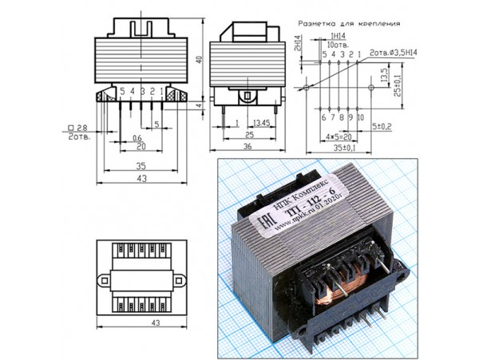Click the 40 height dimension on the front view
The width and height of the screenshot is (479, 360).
(x=200, y=59)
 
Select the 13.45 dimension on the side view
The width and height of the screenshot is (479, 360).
(x=259, y=123)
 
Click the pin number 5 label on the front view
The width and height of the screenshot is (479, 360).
(x=122, y=93)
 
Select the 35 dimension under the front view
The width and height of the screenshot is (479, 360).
(x=141, y=166)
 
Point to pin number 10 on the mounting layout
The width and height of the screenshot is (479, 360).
(x=360, y=117)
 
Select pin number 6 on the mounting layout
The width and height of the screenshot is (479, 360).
(x=323, y=117)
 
